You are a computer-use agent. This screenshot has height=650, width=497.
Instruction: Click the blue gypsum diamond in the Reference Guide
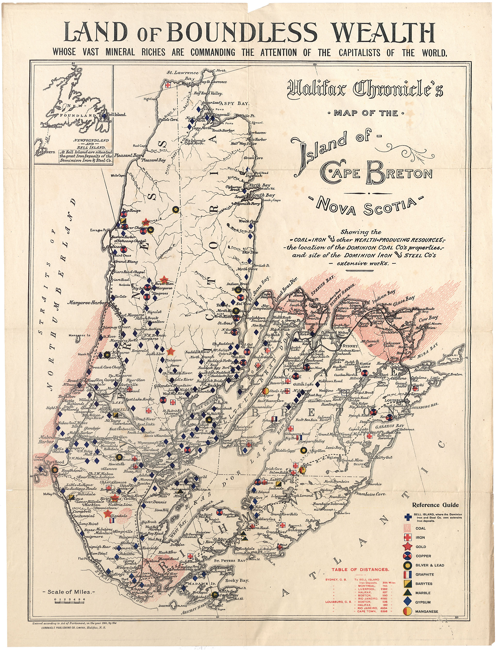point(408,602)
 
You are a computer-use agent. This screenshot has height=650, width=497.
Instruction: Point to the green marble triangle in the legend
point(408,593)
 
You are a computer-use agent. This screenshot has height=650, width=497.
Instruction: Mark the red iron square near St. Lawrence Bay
point(168,85)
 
